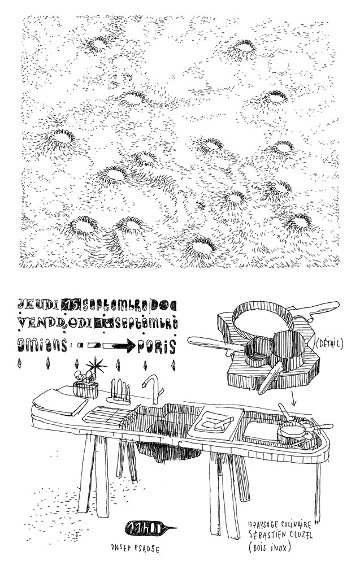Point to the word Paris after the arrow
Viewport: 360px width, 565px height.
158,345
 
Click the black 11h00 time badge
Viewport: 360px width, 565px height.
146,528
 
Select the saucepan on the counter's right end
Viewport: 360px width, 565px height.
291,433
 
